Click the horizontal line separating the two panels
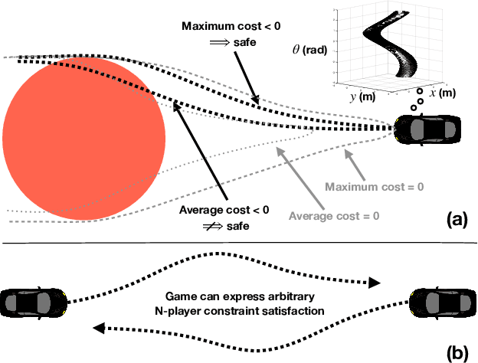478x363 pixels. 239,245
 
